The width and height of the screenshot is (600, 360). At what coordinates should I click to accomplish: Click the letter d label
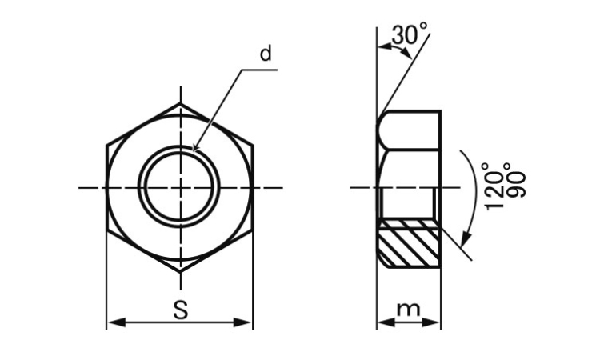[266, 53]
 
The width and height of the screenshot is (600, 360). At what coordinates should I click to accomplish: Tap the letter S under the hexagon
[180, 310]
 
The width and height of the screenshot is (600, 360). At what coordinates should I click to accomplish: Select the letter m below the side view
[408, 310]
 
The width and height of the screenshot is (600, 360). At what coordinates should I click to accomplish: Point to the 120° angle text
[493, 186]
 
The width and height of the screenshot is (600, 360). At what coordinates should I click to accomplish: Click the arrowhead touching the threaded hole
[195, 147]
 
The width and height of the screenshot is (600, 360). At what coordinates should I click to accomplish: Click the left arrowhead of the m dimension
[386, 322]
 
